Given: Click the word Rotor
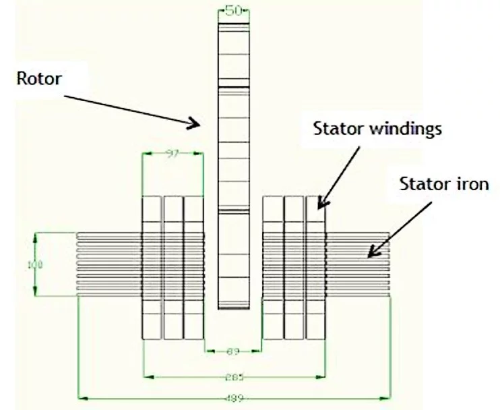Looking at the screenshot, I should (x=39, y=79).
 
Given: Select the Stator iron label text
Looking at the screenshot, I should (x=443, y=183).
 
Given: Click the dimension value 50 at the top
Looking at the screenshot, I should (x=233, y=11).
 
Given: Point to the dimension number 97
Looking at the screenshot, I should (x=173, y=154).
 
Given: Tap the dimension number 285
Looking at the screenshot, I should (x=233, y=376).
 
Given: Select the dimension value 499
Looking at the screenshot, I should (x=233, y=399).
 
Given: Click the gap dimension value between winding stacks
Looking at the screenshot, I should (x=233, y=351).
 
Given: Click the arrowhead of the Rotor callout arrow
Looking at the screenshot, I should (x=200, y=124).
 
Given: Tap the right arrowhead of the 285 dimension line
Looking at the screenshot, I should (x=324, y=376).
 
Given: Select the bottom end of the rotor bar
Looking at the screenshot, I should (x=233, y=307).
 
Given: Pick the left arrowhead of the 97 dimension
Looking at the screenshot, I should (x=144, y=154).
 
